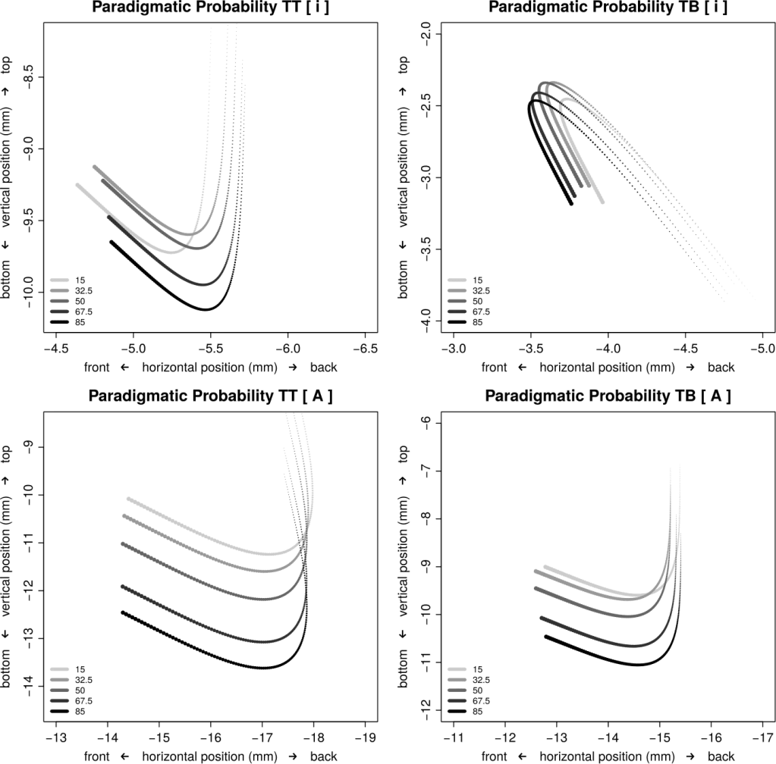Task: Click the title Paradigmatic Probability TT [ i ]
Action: coord(210,7)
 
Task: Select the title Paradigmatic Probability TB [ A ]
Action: coord(608,396)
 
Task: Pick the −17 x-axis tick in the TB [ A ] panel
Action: coord(762,737)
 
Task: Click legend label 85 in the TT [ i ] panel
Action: coord(80,322)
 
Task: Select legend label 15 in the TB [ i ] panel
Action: coord(477,280)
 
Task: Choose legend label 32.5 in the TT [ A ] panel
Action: coord(83,680)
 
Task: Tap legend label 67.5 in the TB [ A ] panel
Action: coord(481,700)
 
